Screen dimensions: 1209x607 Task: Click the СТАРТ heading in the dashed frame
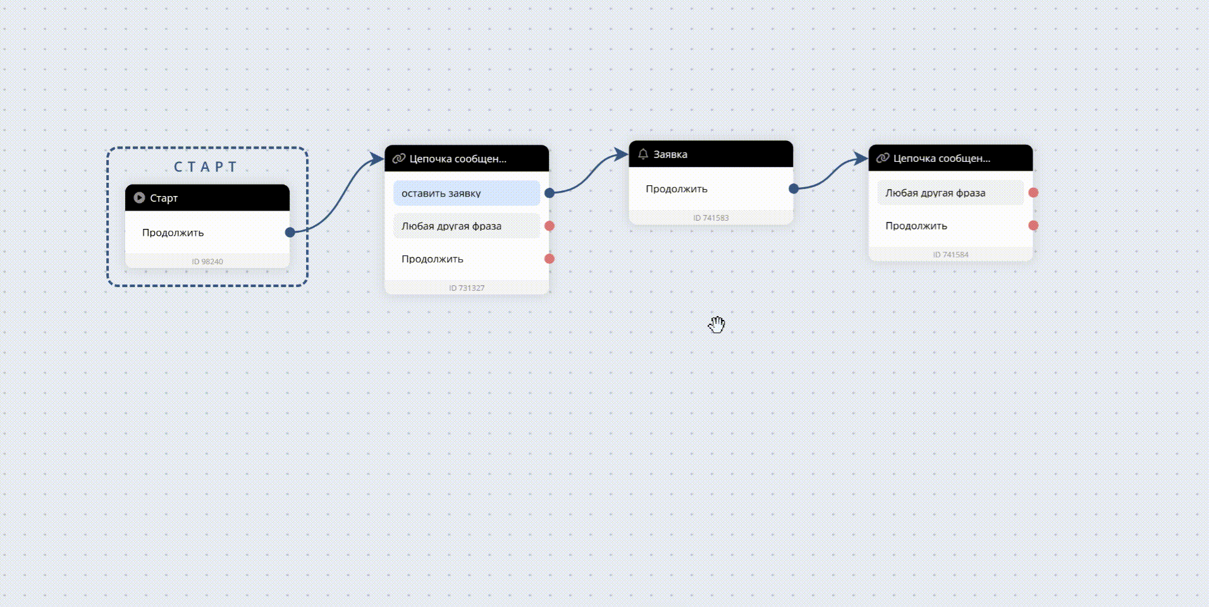[x=206, y=167]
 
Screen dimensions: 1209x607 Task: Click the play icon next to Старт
[x=140, y=198]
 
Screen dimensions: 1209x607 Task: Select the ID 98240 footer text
[x=207, y=262]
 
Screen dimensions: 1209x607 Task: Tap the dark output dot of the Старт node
[x=290, y=232]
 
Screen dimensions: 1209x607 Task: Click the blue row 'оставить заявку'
[x=467, y=193]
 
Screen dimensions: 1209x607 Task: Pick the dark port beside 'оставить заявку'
[x=549, y=193]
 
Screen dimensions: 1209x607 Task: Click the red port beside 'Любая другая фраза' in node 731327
[x=549, y=226]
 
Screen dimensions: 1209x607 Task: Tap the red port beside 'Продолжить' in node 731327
[x=549, y=259]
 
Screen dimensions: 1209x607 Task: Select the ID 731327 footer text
[x=467, y=288]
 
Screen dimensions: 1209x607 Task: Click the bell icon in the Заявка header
[x=643, y=154]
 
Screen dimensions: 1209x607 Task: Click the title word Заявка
[x=670, y=154]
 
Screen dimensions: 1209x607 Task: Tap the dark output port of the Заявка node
[x=794, y=188]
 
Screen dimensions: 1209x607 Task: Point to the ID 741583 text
[x=711, y=218]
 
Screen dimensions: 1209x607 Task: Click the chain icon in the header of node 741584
[x=883, y=158]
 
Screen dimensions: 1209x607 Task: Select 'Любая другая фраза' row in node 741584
[x=950, y=193]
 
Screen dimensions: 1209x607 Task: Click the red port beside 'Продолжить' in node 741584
[x=1033, y=225]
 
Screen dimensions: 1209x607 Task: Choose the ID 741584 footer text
[x=950, y=255]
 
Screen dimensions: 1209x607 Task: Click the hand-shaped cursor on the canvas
[x=716, y=324]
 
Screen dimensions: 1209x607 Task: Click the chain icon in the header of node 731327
[x=399, y=158]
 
